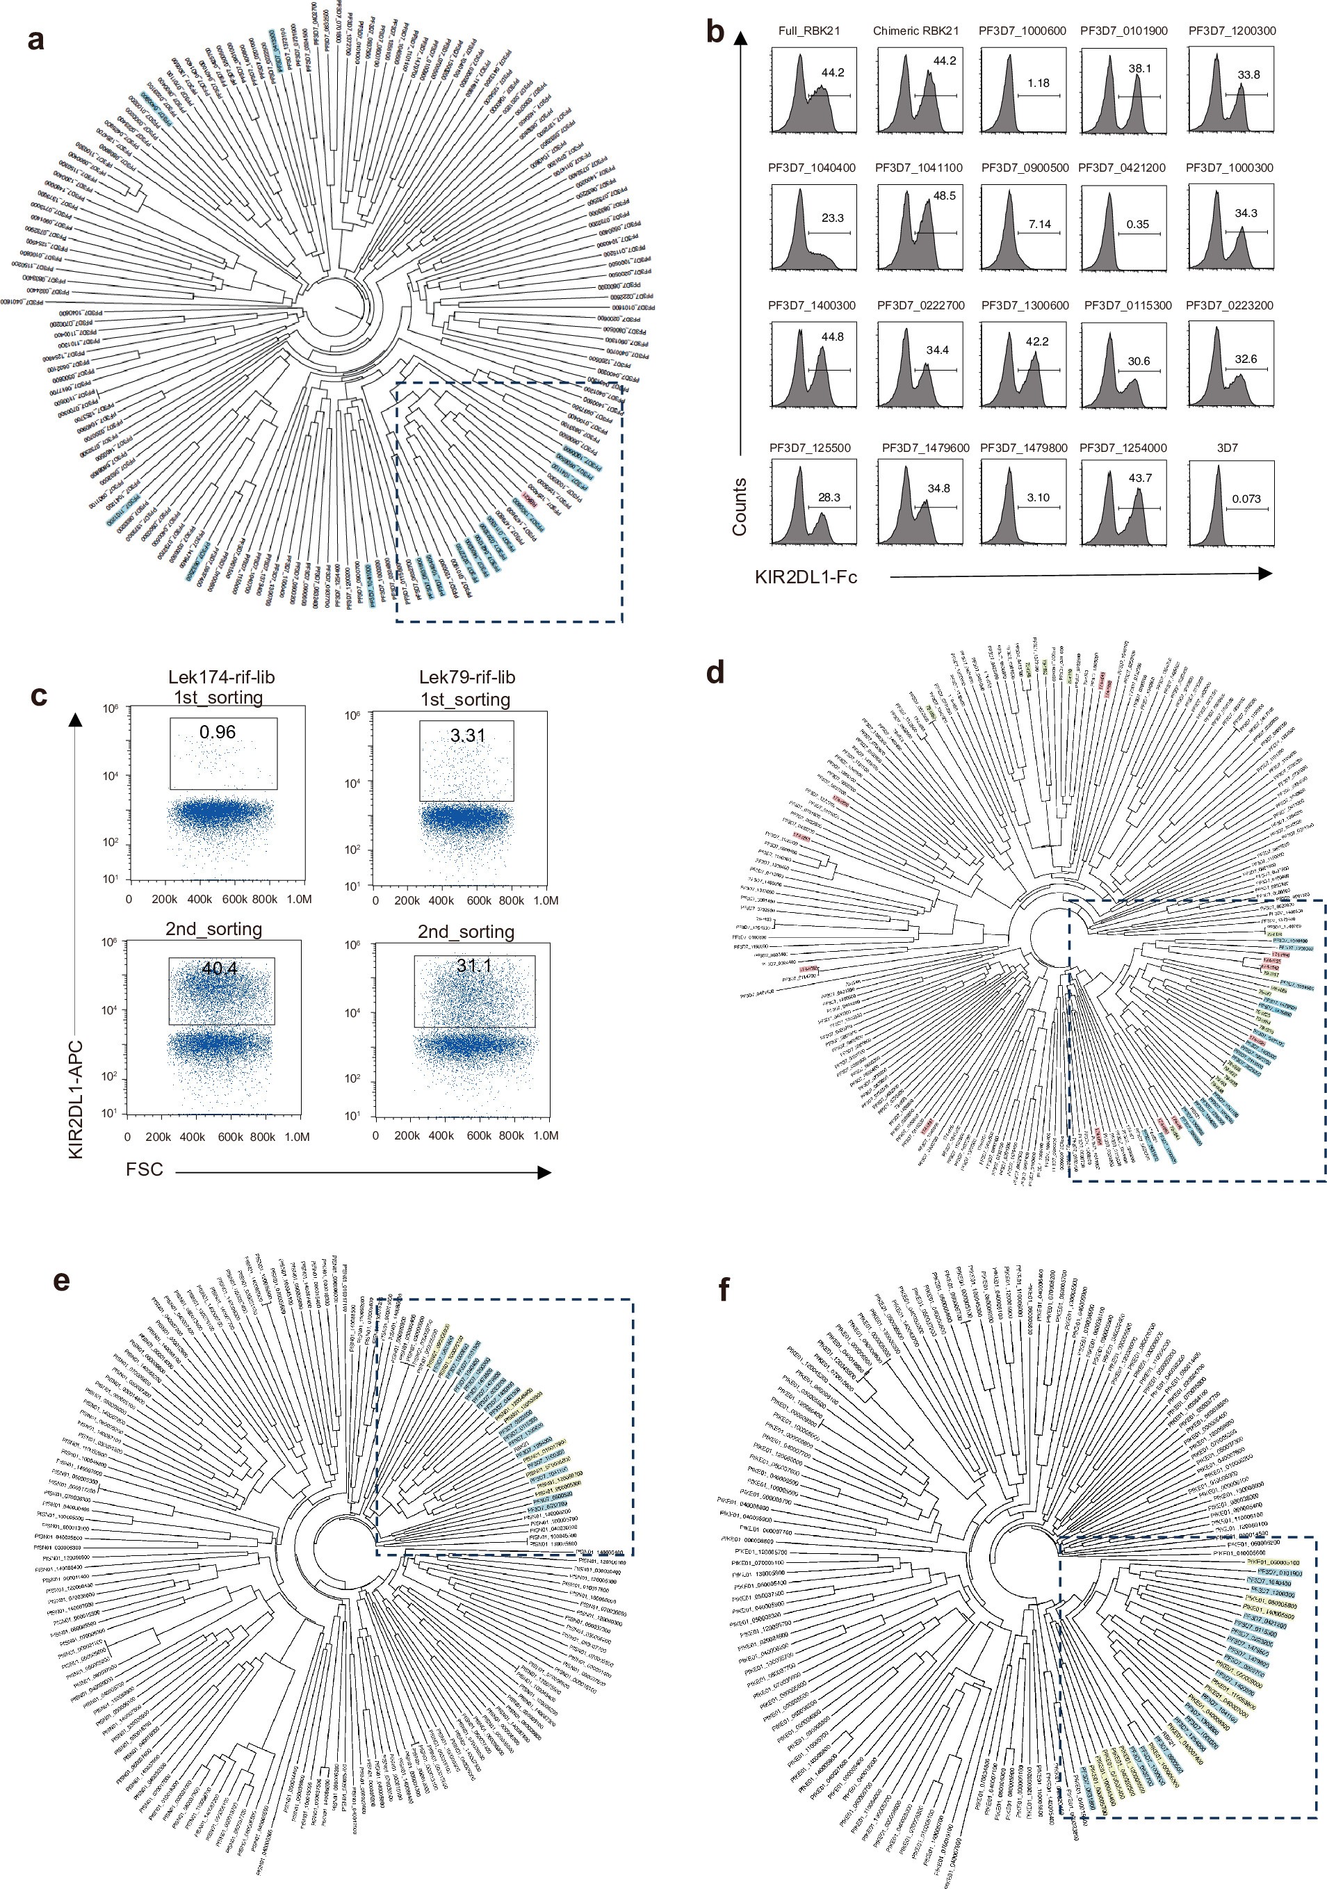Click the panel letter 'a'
click(35, 40)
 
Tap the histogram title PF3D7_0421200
click(1121, 168)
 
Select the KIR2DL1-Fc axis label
click(806, 578)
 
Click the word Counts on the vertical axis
click(740, 507)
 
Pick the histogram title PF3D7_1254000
click(1122, 448)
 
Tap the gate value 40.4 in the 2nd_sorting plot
click(220, 968)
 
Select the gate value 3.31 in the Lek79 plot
click(467, 736)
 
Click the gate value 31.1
click(474, 965)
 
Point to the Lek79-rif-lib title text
click(466, 677)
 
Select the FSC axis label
click(144, 1169)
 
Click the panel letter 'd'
click(715, 673)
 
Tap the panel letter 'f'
click(723, 1290)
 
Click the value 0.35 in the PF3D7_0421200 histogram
click(1137, 225)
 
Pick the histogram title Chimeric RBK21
click(915, 31)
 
